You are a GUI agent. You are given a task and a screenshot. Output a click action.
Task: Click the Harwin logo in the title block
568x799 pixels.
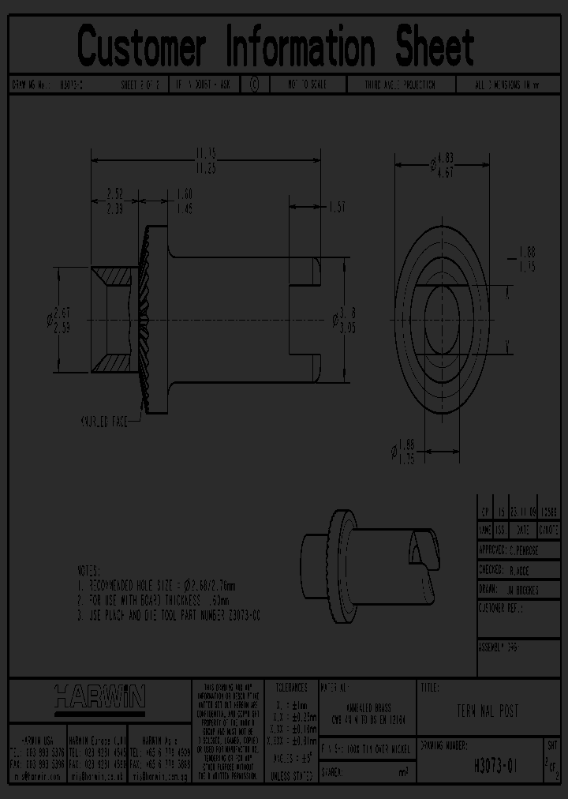pos(99,696)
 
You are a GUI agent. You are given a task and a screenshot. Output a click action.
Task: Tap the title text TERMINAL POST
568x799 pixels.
pos(487,711)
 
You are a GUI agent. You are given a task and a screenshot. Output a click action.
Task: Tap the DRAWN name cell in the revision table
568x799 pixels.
pos(518,589)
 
